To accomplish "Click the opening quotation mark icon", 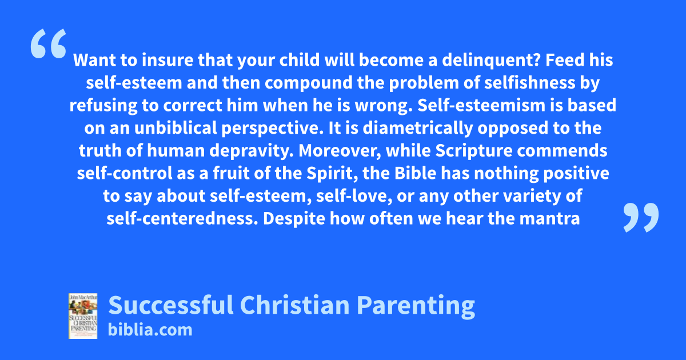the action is (x=49, y=43).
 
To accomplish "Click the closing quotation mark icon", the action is (x=641, y=217).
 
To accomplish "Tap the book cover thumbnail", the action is (x=83, y=316).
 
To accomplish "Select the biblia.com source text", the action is (x=150, y=330).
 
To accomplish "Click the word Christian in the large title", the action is (x=294, y=305).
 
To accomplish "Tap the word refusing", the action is (x=103, y=106).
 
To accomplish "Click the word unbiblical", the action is (x=176, y=128).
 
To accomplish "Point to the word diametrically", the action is (x=418, y=129).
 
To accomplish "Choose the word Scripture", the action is (x=474, y=151).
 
